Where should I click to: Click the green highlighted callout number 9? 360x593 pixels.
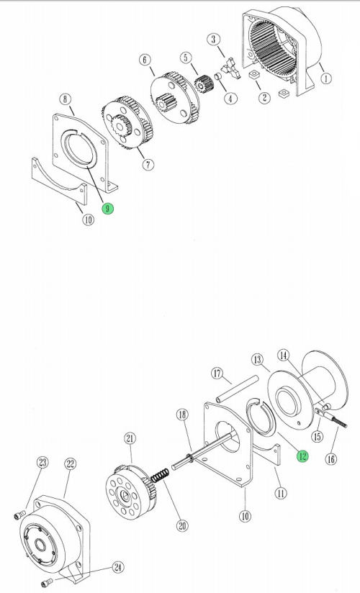point(108,209)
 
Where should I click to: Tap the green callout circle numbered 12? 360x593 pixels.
point(302,456)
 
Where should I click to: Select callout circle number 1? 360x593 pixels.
point(326,78)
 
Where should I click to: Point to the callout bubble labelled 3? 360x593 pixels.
point(214,40)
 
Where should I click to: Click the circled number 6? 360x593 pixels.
point(145,60)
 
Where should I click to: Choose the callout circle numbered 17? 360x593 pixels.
point(217,374)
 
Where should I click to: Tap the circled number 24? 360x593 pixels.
point(118,567)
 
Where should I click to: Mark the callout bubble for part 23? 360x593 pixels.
point(42,462)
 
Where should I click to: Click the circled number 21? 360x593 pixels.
point(130,438)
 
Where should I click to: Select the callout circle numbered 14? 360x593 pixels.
point(284,355)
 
